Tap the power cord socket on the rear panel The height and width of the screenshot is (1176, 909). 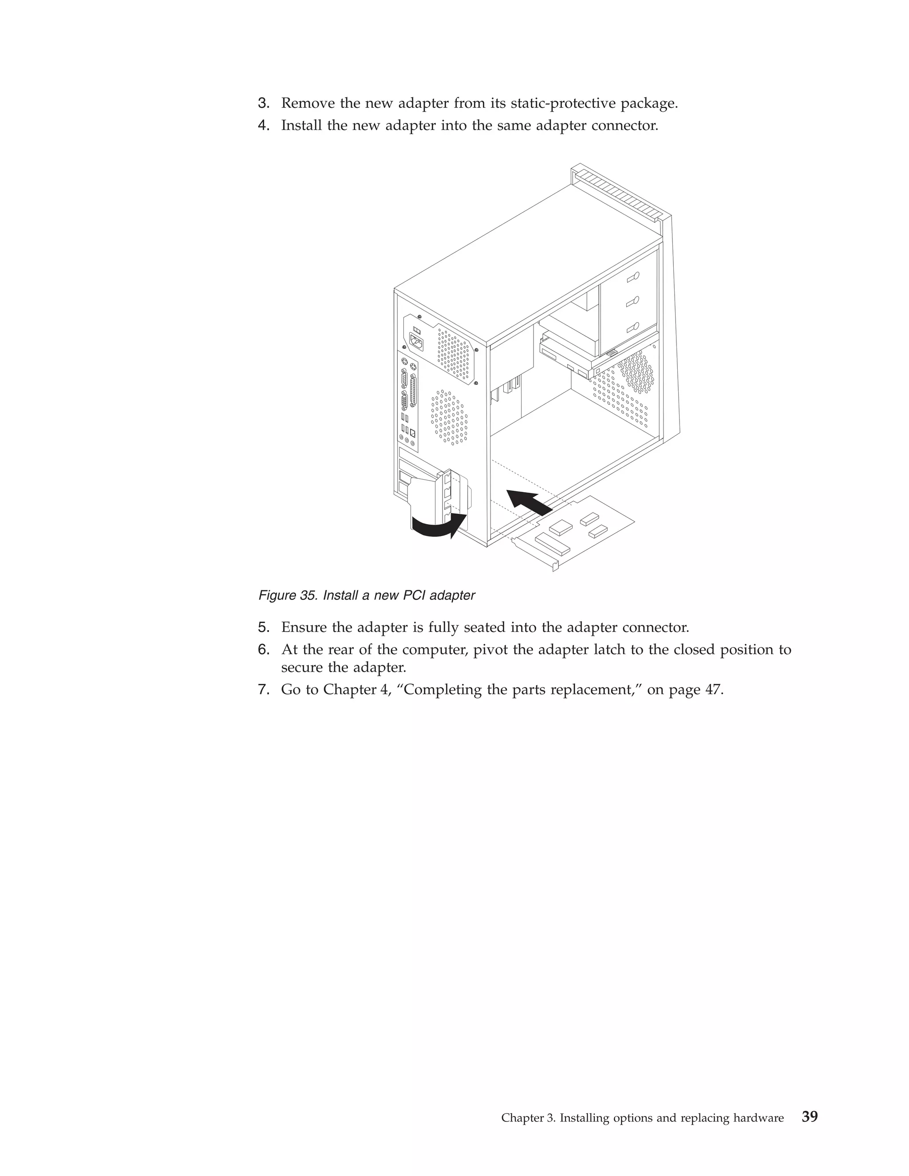click(416, 341)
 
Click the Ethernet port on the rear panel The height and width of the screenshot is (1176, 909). click(412, 431)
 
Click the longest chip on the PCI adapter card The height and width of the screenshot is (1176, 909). click(553, 545)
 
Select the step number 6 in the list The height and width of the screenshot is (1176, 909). click(263, 650)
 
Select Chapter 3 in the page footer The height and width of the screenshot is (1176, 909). click(528, 1118)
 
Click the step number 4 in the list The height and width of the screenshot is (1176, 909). click(263, 126)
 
